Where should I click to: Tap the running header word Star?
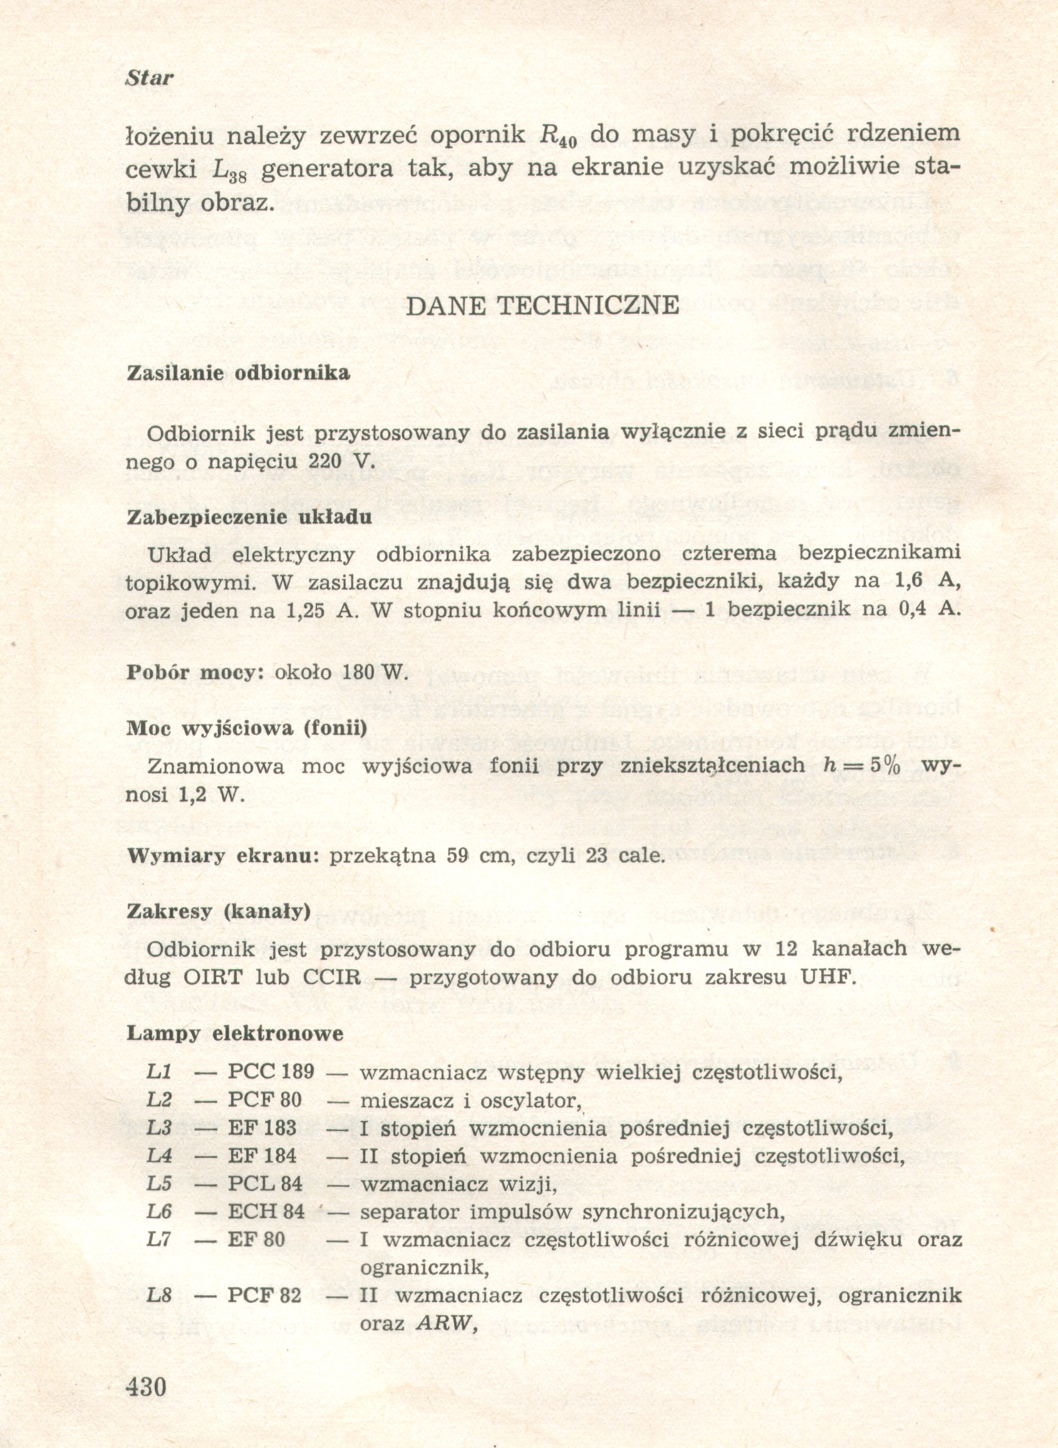click(x=149, y=78)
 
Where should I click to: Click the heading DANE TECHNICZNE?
click(x=542, y=306)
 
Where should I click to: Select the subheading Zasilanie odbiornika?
click(x=238, y=373)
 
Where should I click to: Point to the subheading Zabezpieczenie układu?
click(x=249, y=517)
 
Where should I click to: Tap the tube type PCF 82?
click(x=264, y=1296)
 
